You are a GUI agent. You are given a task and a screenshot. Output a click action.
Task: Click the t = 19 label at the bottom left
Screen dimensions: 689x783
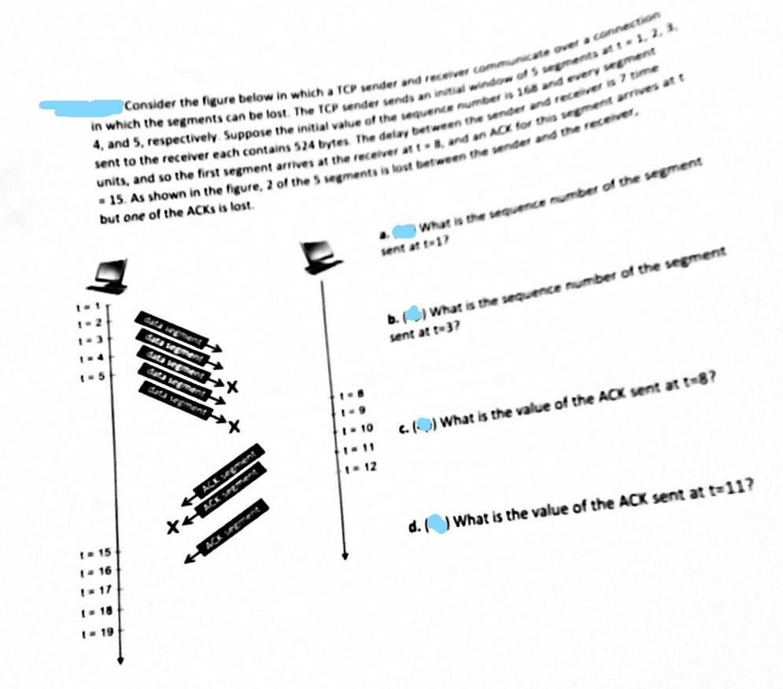[91, 632]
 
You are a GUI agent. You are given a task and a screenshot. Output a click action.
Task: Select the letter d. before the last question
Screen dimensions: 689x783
[414, 526]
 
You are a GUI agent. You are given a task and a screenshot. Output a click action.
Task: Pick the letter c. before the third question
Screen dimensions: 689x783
[402, 426]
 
